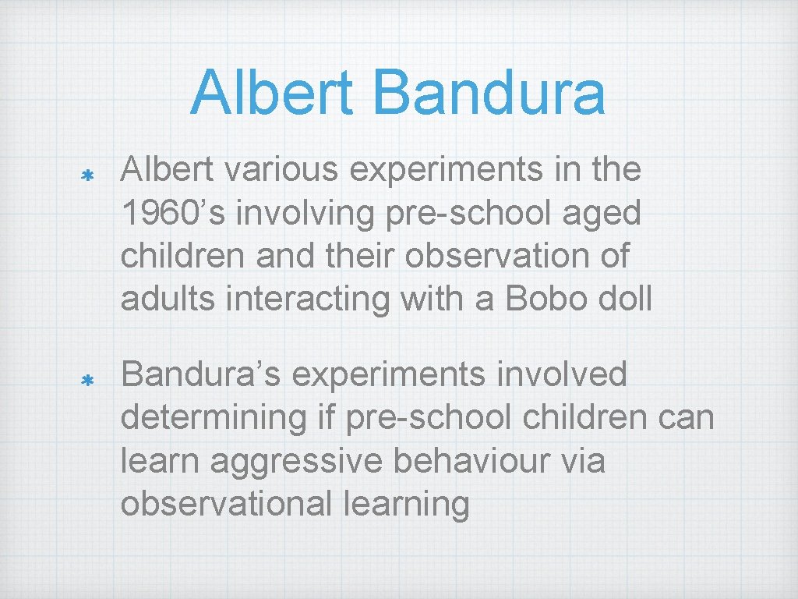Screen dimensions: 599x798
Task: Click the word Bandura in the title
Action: (489, 92)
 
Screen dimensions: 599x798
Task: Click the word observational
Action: (226, 504)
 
